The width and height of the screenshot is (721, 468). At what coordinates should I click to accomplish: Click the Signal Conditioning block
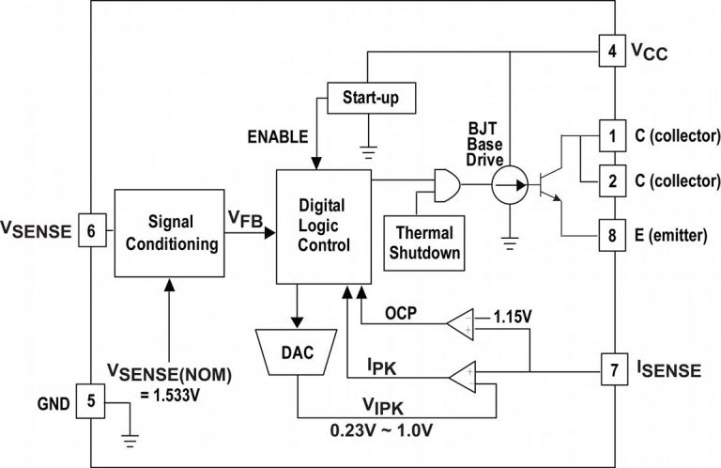pos(170,233)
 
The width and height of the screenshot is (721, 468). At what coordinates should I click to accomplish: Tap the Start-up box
pos(370,96)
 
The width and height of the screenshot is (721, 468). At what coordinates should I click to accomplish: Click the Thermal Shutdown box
pos(424,242)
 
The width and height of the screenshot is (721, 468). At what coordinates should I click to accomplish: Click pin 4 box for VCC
pos(612,53)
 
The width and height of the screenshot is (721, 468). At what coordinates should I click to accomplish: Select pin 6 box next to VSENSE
pos(90,228)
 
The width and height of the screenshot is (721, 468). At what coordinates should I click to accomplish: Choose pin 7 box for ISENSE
pos(612,369)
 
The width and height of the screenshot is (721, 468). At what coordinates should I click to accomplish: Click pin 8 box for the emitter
pos(612,235)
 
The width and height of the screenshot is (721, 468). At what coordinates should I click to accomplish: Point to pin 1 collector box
pos(612,134)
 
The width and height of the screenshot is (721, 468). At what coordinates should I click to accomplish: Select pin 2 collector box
pos(612,180)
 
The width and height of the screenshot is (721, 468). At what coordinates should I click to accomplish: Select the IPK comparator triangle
pos(463,378)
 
